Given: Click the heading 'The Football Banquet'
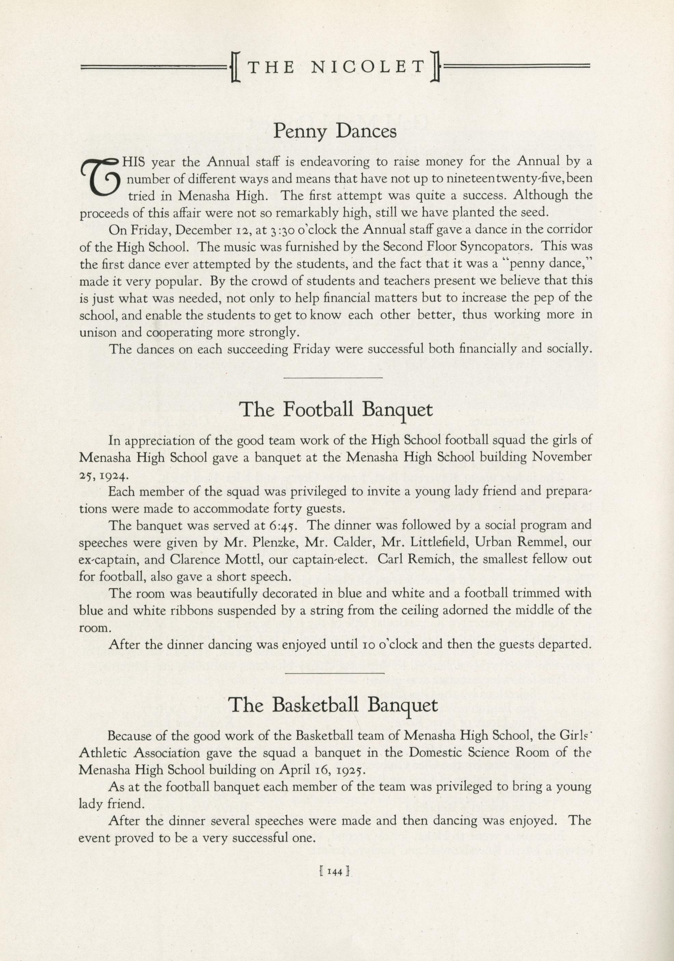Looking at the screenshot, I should (336, 410).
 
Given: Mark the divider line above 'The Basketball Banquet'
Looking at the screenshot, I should (334, 673).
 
